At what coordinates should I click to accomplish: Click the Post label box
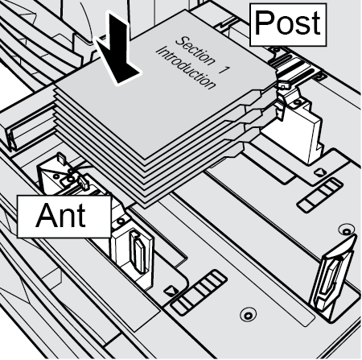click(x=288, y=25)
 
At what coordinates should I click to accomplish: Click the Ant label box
click(x=64, y=217)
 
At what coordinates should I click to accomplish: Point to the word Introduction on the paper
click(x=187, y=68)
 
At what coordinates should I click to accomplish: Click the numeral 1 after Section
click(x=224, y=69)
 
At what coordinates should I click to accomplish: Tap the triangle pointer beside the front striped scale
click(x=170, y=291)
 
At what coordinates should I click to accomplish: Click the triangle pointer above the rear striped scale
click(x=319, y=172)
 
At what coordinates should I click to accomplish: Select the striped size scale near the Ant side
click(x=199, y=292)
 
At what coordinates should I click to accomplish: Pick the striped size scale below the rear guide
click(x=319, y=195)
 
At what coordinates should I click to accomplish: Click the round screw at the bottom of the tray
click(x=248, y=314)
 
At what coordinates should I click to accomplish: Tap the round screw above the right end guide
click(x=347, y=230)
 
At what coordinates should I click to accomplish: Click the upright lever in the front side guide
click(x=138, y=252)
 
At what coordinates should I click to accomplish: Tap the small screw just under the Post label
click(x=274, y=50)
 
